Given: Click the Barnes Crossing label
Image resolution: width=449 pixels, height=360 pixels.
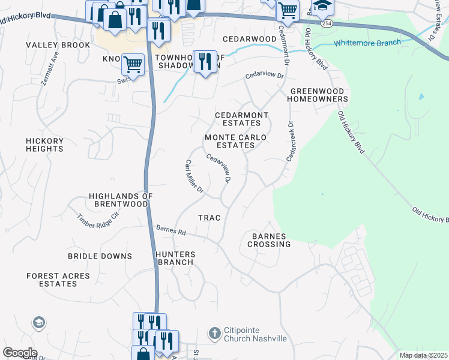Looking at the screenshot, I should [x=268, y=240].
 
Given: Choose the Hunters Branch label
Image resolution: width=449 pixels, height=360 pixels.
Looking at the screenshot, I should [x=175, y=258].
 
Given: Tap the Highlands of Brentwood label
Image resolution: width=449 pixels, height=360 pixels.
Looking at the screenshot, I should [x=121, y=200].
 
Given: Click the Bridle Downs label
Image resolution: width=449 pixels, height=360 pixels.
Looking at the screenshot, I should [x=100, y=256].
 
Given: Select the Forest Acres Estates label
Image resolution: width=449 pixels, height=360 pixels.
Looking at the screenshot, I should [x=58, y=280].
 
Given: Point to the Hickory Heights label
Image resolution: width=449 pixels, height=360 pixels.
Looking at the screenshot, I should [x=44, y=145].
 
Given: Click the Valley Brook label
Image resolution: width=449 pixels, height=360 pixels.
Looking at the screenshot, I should [x=53, y=45].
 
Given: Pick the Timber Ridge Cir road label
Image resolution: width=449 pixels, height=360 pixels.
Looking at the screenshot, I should [x=98, y=221].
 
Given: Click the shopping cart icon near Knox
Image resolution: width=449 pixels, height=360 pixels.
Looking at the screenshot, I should [x=133, y=64].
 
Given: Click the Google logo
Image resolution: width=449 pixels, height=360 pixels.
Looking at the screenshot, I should [x=20, y=353].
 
